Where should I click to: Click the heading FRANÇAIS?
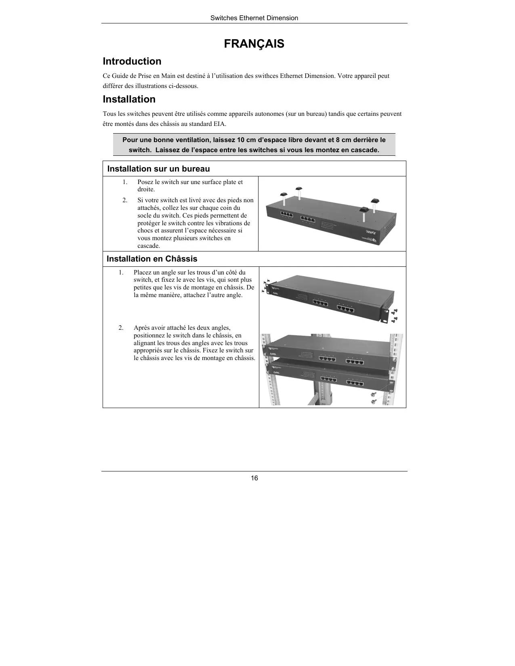pyautogui.click(x=254, y=44)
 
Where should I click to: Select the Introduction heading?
pyautogui.click(x=132, y=61)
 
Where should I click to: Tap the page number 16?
pyautogui.click(x=254, y=478)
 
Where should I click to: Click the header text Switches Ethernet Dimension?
pyautogui.click(x=254, y=18)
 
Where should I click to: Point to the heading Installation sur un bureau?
pyautogui.click(x=158, y=169)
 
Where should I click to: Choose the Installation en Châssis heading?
pyautogui.click(x=152, y=259)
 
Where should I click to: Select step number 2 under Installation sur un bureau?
pyautogui.click(x=125, y=200)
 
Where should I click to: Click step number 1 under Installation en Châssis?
pyautogui.click(x=121, y=272)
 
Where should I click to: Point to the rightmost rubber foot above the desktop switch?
pyautogui.click(x=375, y=200)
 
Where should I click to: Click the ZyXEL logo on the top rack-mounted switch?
pyautogui.click(x=273, y=354)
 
